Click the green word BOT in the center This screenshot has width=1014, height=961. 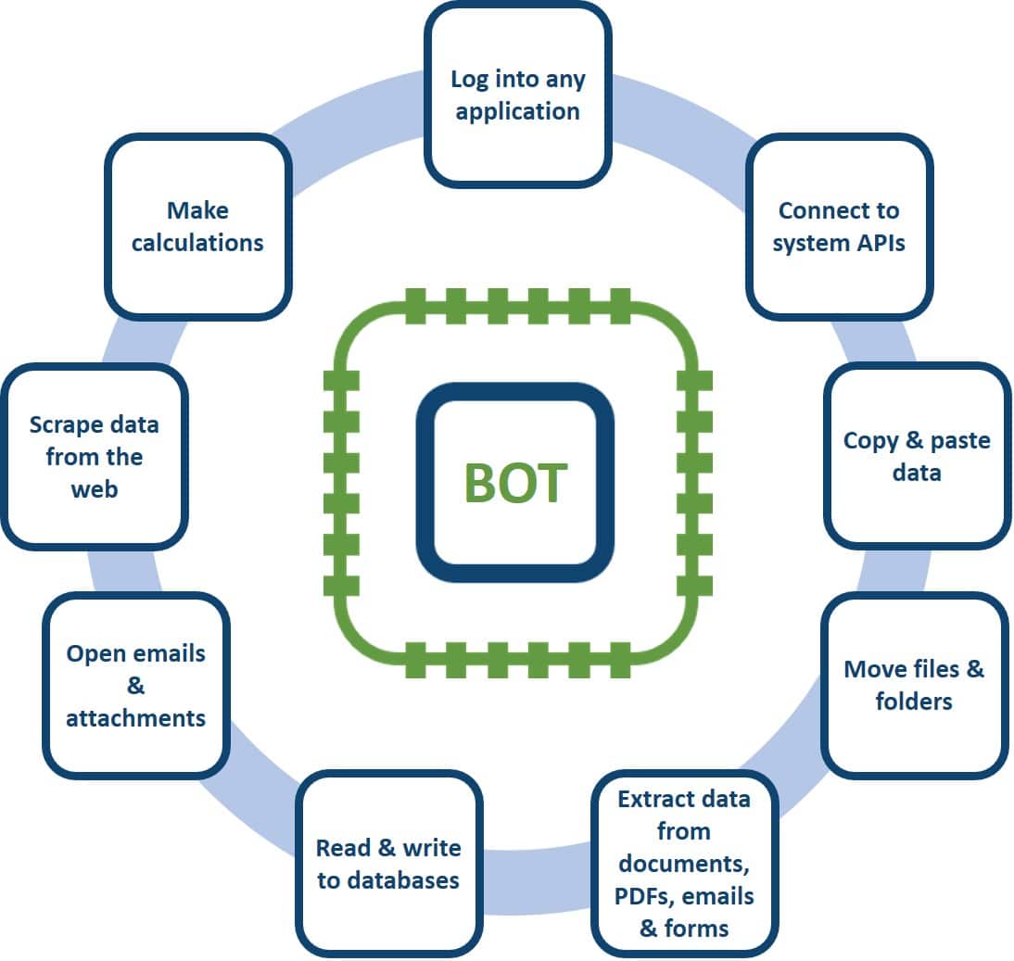tap(515, 483)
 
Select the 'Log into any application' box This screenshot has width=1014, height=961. tap(518, 95)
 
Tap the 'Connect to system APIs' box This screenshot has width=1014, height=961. tap(839, 226)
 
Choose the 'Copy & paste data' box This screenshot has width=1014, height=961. tap(917, 455)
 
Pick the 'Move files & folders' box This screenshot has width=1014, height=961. tap(914, 685)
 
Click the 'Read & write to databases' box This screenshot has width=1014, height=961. tap(388, 863)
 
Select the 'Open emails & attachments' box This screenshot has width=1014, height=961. tap(135, 685)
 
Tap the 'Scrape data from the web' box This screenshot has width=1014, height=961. tap(94, 456)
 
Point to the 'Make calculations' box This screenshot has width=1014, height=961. tap(197, 227)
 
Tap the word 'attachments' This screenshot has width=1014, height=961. tap(135, 717)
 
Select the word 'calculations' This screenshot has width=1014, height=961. tap(197, 243)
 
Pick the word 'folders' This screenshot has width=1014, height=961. tap(914, 702)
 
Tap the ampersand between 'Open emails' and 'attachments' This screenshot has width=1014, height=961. tap(135, 686)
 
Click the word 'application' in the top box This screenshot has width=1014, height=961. tap(518, 112)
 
